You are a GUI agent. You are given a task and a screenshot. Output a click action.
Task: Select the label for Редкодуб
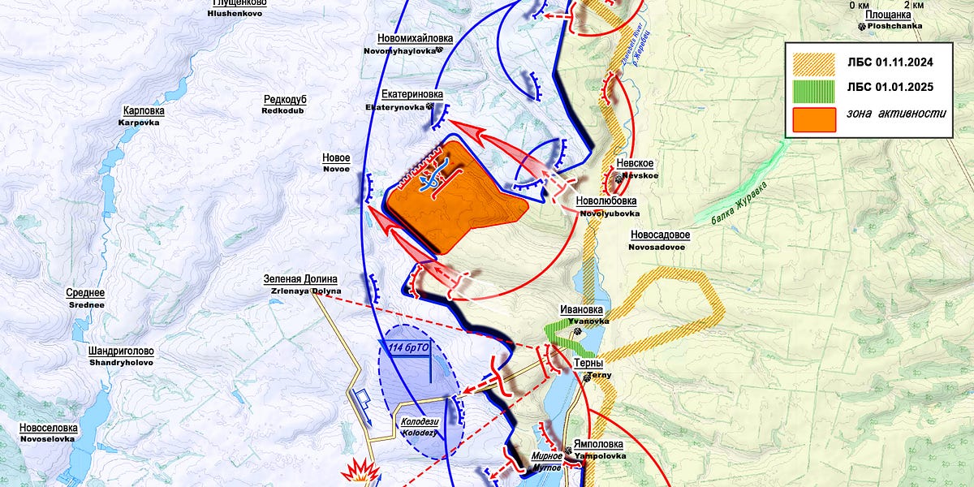point(284,99)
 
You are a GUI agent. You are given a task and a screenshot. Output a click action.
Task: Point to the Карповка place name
point(144,111)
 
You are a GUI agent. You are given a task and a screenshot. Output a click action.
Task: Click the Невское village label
point(635,163)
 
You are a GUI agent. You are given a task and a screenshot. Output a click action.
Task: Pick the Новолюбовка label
point(606,200)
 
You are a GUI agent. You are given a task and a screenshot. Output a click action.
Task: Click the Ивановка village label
point(582,309)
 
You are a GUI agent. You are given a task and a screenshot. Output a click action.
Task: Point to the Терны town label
point(588,364)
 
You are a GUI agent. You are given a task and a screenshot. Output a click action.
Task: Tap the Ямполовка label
point(598,444)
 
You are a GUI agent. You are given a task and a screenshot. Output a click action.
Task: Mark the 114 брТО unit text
point(411,348)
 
